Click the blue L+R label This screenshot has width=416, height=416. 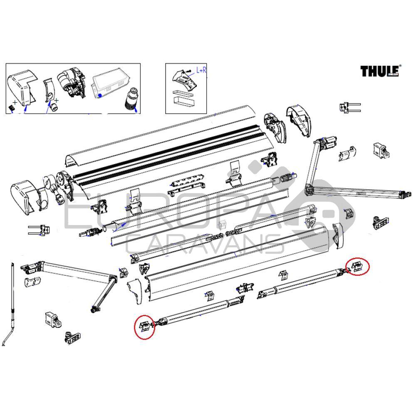tap(201, 71)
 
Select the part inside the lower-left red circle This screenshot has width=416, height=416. tap(145, 325)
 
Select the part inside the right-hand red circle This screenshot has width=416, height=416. tap(357, 266)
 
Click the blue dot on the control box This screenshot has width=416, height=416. tap(100, 95)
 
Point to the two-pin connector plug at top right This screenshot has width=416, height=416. tap(349, 107)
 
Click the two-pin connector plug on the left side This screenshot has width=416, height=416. tap(39, 229)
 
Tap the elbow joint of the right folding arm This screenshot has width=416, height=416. tap(310, 189)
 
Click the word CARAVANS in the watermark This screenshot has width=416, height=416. tap(204, 243)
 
